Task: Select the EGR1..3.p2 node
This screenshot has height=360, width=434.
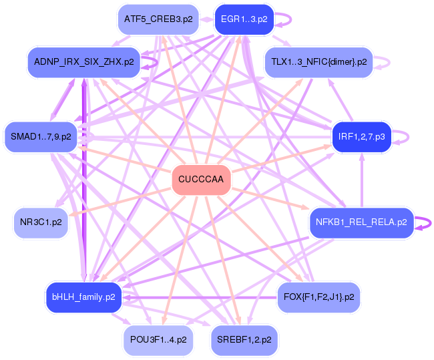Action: click(x=244, y=19)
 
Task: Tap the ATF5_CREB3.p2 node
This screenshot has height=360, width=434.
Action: click(x=158, y=19)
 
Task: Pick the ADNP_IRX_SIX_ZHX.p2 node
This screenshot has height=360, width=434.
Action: click(x=83, y=61)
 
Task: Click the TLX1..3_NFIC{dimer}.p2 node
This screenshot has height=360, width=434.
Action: click(x=318, y=62)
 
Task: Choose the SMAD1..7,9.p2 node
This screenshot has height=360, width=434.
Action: click(x=41, y=136)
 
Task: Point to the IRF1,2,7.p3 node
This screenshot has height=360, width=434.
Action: click(x=361, y=137)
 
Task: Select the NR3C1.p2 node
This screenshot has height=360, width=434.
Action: click(x=41, y=222)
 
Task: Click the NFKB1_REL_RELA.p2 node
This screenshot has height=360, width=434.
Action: click(x=361, y=222)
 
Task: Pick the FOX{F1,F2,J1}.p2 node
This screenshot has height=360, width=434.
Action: click(x=318, y=297)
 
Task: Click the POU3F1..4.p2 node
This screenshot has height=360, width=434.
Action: click(x=158, y=340)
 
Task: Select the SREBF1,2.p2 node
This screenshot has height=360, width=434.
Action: click(x=244, y=340)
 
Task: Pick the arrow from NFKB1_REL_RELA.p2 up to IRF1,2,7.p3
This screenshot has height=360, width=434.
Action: click(x=361, y=180)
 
